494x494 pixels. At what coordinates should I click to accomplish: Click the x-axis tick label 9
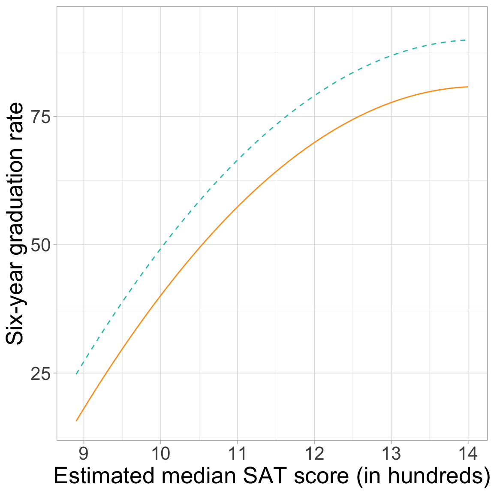(84, 454)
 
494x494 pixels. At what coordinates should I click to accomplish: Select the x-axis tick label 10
(160, 454)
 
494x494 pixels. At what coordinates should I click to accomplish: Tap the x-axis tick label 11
(237, 454)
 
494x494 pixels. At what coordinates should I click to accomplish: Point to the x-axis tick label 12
(314, 454)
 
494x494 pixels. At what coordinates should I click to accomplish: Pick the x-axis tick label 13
(391, 454)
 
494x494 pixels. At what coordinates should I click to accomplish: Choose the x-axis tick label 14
(467, 454)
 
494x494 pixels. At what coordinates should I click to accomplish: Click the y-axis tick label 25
(41, 374)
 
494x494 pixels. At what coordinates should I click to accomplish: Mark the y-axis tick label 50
(41, 245)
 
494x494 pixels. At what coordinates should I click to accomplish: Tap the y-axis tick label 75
(41, 117)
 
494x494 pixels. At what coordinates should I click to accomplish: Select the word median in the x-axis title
(190, 477)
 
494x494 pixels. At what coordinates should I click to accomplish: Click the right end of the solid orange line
(467, 87)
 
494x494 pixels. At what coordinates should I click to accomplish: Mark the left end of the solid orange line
(76, 421)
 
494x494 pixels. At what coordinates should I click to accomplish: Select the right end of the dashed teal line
(466, 40)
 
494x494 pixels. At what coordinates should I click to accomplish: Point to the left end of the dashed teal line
(76, 374)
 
